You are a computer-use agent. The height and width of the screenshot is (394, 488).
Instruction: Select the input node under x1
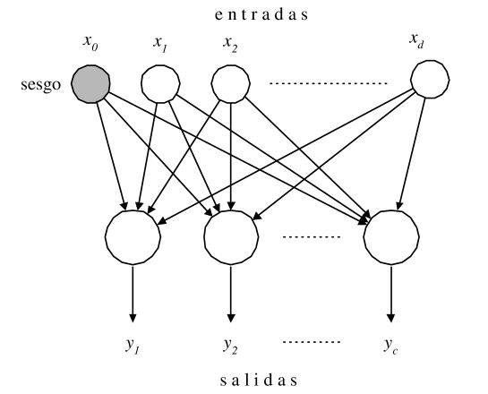click(160, 87)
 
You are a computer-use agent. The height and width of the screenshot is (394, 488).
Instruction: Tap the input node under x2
click(232, 87)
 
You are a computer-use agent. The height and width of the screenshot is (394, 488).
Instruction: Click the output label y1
click(133, 343)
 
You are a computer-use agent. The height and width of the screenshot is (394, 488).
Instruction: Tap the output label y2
click(232, 343)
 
